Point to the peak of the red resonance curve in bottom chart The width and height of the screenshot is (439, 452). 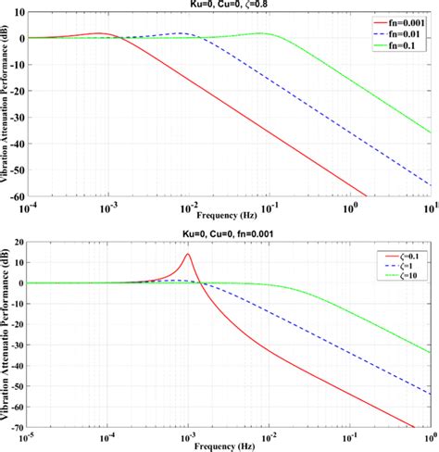188,254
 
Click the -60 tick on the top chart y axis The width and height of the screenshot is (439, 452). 19,196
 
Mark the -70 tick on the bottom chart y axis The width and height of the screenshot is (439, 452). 19,426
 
